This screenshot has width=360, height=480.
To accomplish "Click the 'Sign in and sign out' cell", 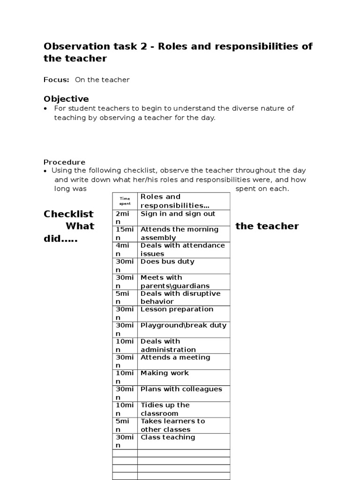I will (178, 214).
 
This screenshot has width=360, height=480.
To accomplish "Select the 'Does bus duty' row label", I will (167, 262).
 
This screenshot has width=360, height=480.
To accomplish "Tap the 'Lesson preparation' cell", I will (177, 309).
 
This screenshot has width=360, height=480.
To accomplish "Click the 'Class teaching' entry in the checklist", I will (168, 437).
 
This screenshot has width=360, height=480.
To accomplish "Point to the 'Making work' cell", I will (165, 373).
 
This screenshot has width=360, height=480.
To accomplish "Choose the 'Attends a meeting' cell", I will (175, 357).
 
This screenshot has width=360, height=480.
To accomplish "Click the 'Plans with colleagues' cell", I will (181, 389).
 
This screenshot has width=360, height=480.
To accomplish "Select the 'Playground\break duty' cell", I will (183, 325).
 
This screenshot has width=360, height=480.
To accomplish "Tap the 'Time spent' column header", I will (125, 201).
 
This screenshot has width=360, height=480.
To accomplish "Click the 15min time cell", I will (125, 233).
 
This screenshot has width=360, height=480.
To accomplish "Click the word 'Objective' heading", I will (66, 99).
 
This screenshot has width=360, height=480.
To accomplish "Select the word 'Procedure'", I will (65, 162).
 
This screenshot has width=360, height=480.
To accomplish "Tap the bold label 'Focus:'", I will (56, 80).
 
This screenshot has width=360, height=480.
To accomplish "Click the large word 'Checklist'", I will (68, 214).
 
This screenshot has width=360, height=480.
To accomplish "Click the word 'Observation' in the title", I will (74, 46).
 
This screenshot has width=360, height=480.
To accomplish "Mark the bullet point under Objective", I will (46, 109).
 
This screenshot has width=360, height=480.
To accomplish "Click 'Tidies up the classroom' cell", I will (165, 409).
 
